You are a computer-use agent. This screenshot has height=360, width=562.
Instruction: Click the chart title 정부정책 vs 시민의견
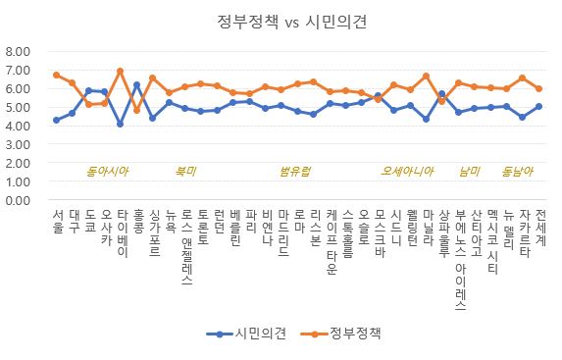(x=291, y=22)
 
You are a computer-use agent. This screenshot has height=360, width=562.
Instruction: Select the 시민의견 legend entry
(x=246, y=334)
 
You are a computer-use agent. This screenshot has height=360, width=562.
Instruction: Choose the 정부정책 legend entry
(x=340, y=334)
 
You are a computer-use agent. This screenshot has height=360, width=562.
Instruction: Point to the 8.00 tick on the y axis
(x=18, y=51)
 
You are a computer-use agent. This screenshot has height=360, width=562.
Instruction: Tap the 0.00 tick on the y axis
(x=18, y=200)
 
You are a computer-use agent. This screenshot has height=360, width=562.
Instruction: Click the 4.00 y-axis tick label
(x=18, y=126)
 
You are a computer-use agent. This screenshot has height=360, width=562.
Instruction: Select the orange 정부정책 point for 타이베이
(x=121, y=71)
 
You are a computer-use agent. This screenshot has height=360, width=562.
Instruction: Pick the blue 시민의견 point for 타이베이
(x=121, y=124)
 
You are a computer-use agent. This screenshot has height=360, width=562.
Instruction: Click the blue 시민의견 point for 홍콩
(x=136, y=84)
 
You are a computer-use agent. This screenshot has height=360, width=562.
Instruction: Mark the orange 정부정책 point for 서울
(x=56, y=75)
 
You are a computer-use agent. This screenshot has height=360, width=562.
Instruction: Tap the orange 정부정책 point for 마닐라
(x=426, y=76)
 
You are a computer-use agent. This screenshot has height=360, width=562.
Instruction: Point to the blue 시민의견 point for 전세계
(x=538, y=106)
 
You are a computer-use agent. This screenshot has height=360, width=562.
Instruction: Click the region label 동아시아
(x=107, y=171)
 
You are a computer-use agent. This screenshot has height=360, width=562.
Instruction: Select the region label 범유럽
(x=294, y=171)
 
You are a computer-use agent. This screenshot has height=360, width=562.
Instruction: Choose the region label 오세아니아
(x=407, y=171)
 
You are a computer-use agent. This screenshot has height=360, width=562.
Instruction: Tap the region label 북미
(x=185, y=171)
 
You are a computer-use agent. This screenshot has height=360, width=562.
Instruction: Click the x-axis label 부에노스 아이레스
(x=461, y=259)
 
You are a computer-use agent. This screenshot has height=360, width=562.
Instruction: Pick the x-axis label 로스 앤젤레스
(x=186, y=247)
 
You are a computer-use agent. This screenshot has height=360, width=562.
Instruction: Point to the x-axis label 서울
(x=58, y=222)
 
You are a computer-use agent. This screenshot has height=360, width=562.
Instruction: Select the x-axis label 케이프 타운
(x=332, y=241)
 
